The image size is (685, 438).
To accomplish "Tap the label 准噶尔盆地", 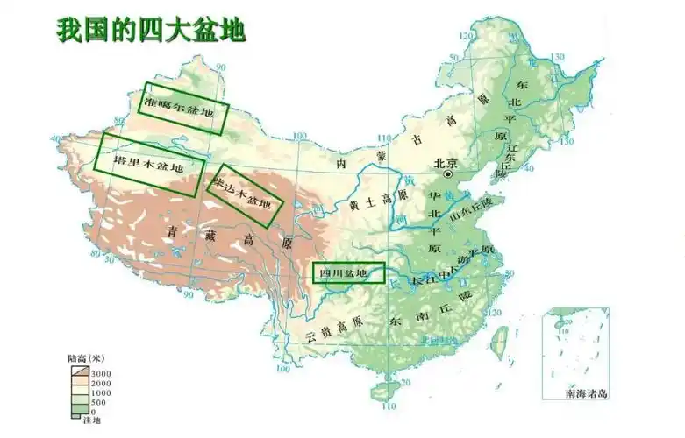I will point(177,108).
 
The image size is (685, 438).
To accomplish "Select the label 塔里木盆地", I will point(150,164).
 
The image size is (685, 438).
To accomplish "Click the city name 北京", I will point(446,163).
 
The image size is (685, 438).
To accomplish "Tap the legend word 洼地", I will point(91,422).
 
